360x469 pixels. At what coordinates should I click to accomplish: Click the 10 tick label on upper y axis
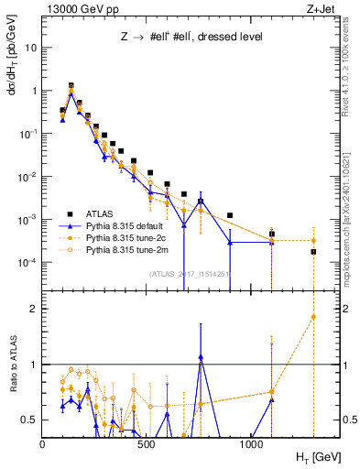pos(31,48)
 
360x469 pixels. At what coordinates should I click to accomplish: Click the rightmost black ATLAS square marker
pos(313,251)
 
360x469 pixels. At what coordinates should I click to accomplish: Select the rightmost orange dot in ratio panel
pos(313,317)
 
